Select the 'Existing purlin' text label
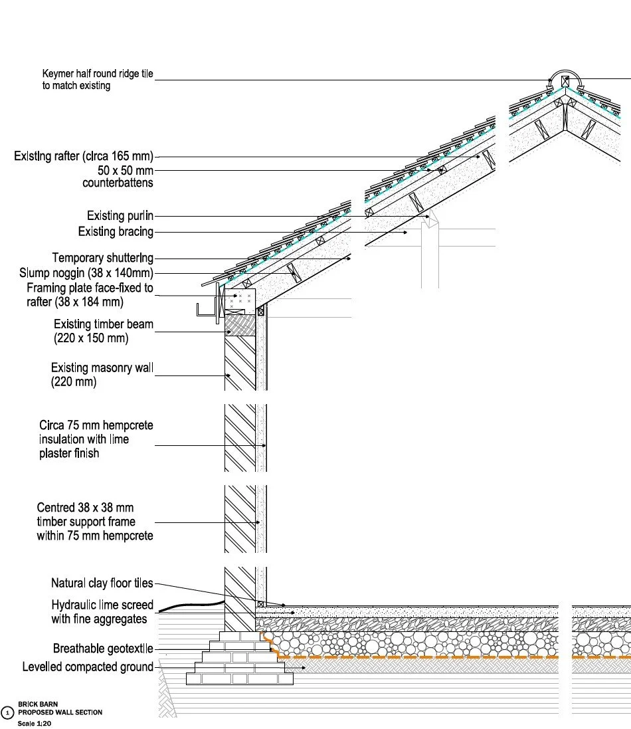(120, 216)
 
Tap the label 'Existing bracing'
(116, 232)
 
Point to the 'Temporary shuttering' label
(103, 258)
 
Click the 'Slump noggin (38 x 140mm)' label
(86, 273)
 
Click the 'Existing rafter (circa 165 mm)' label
(84, 157)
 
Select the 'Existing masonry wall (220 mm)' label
(102, 375)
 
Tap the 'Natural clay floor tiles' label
(102, 583)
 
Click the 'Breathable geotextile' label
(103, 649)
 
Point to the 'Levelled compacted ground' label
(88, 667)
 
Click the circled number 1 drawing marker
(7, 712)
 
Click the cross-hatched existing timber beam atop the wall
(240, 325)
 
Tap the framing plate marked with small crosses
(240, 300)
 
